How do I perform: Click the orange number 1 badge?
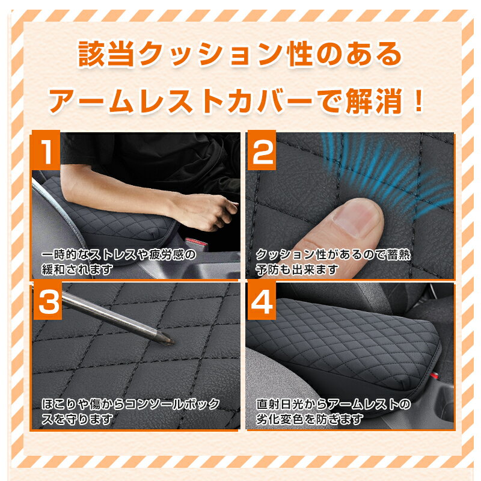(46, 150)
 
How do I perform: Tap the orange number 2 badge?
(262, 150)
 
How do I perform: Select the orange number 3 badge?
(47, 300)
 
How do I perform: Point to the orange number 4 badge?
(262, 300)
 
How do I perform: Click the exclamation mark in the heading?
(418, 100)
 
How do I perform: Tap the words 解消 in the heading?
(373, 100)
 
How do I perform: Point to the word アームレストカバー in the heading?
(180, 100)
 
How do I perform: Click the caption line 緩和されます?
(77, 269)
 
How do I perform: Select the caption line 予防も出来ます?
(297, 269)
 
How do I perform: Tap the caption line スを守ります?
(77, 419)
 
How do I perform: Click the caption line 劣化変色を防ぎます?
(310, 419)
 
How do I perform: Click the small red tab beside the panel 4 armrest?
(433, 375)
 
